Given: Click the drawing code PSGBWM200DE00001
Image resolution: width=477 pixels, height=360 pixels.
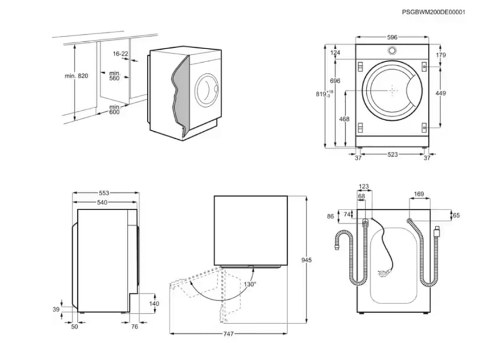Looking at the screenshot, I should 434,12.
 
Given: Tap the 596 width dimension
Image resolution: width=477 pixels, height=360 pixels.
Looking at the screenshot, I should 392,37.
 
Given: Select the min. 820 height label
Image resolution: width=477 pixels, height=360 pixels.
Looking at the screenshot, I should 76,76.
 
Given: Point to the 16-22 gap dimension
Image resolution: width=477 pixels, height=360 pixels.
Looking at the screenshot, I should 121,54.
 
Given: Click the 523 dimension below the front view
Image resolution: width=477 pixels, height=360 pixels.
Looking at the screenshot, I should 392,155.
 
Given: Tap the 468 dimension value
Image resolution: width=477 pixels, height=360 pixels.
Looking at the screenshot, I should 343,119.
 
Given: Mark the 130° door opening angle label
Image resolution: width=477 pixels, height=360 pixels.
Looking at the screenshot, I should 249,284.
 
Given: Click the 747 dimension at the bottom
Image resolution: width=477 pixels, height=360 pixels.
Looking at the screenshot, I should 228,335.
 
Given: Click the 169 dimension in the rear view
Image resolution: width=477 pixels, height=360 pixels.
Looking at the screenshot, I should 419,195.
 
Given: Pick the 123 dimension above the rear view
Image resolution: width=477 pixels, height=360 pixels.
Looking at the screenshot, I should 364,187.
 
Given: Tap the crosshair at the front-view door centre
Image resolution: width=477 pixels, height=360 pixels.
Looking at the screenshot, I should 393,91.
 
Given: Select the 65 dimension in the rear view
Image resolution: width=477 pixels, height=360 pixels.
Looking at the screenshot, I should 456,215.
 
